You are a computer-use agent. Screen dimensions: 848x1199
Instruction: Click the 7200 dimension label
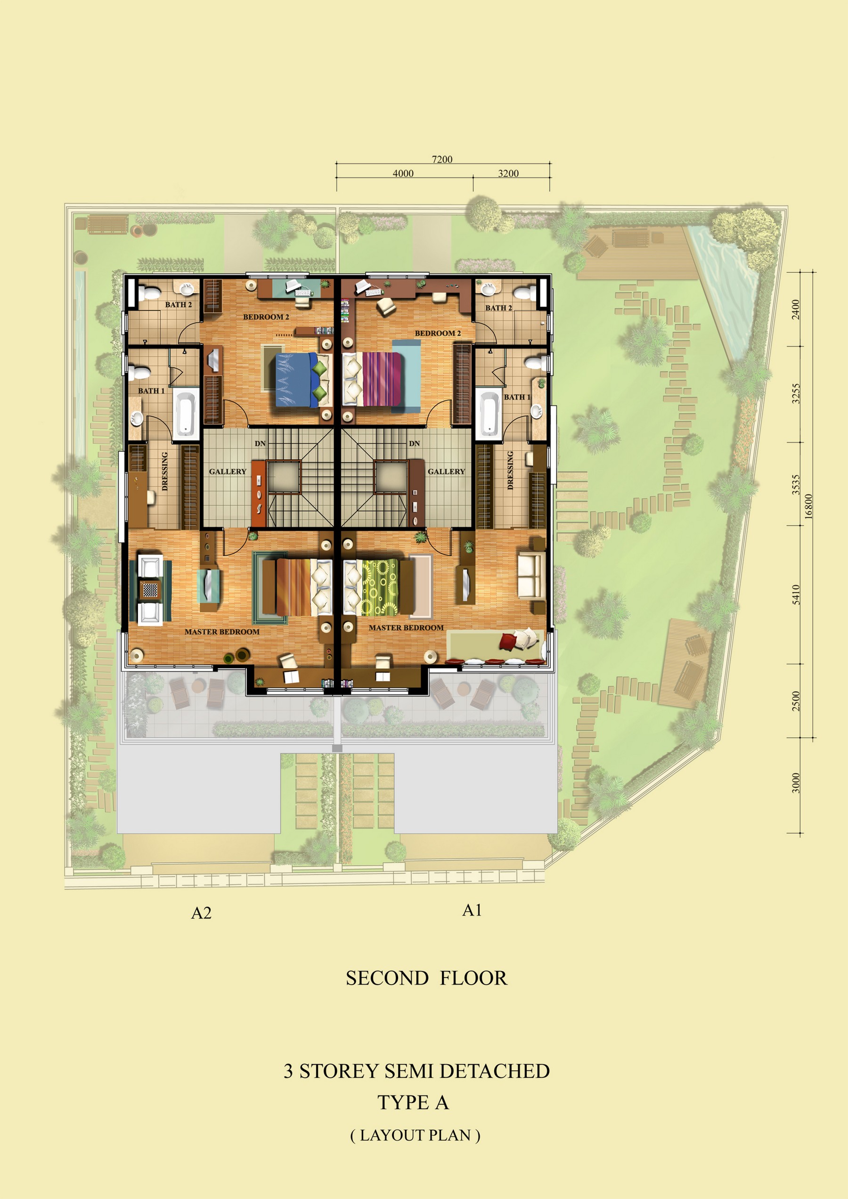[442, 159]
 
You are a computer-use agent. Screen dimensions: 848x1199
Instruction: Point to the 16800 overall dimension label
[809, 506]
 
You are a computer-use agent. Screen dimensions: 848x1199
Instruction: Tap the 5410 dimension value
[796, 595]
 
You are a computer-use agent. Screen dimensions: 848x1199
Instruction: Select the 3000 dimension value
[796, 783]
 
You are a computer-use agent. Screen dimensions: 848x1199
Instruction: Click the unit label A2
[202, 913]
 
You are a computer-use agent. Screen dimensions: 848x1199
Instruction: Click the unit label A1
[472, 910]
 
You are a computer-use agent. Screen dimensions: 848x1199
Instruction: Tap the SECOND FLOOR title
[426, 978]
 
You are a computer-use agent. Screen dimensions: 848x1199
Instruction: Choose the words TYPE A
[413, 1102]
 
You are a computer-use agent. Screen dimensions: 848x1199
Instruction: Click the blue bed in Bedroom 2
[303, 380]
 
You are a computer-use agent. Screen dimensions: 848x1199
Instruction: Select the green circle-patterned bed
[373, 587]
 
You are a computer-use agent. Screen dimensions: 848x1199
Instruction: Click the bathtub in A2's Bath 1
[184, 414]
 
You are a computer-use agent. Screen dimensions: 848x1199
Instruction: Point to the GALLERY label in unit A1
[446, 472]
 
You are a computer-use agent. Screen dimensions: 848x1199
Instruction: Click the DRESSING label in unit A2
[165, 471]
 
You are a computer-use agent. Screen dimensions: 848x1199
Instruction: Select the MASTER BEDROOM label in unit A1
[406, 628]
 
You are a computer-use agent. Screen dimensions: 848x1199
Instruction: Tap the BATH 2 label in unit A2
[179, 304]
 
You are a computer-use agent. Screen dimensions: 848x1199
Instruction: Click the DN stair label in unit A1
[415, 443]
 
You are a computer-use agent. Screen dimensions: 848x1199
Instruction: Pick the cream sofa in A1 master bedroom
[530, 575]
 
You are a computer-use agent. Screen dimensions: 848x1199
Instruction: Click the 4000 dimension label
[403, 173]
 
